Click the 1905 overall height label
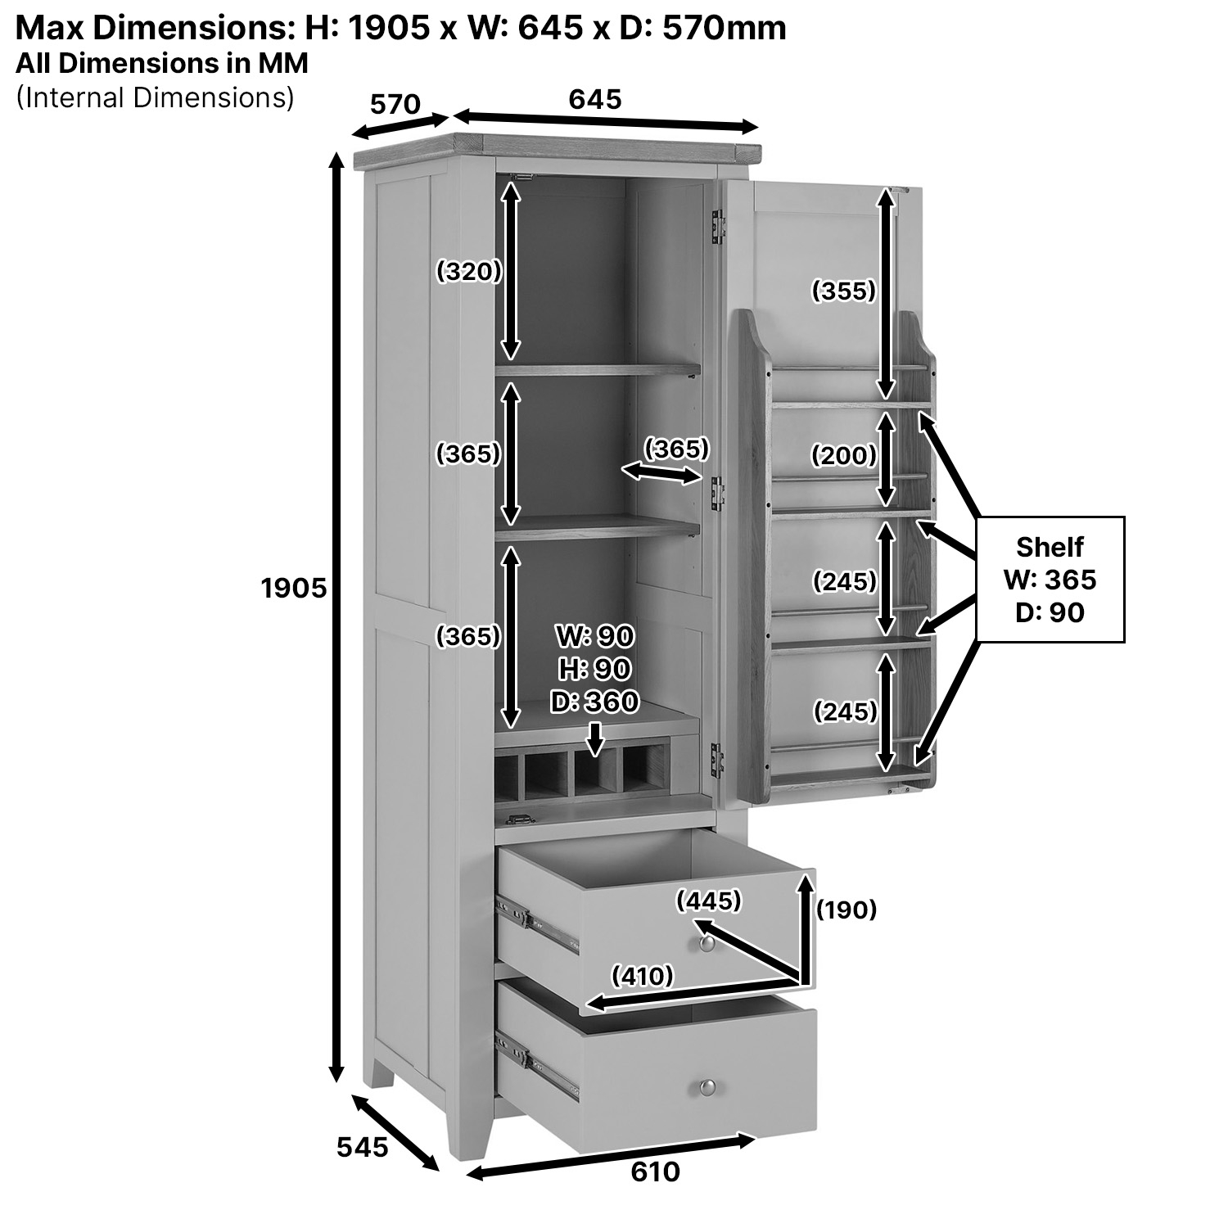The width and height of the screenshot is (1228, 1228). pos(294,588)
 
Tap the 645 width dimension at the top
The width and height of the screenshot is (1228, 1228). pos(595,100)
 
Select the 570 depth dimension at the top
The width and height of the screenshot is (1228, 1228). pos(395,105)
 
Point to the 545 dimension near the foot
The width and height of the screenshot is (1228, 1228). pos(362,1148)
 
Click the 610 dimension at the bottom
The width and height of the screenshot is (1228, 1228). pos(655,1172)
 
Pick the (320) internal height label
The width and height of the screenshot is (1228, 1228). pos(468,271)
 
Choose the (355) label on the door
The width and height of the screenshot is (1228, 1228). pos(843,291)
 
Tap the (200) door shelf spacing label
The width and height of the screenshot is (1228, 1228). pos(843,455)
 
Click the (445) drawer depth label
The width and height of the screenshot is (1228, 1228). pos(708,901)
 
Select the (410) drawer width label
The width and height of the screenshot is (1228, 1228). pos(643,976)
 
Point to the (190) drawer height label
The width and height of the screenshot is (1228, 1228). pos(847,910)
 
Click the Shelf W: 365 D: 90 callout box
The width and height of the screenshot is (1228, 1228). pos(1050,579)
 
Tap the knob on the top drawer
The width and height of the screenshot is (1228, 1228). pos(707,944)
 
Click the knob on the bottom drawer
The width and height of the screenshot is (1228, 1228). pos(707,1087)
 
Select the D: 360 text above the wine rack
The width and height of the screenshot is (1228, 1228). pos(594,702)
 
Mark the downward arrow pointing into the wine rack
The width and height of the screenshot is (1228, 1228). pos(595,738)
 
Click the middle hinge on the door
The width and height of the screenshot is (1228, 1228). pos(718,494)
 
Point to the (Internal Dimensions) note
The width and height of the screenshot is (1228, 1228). pos(155,97)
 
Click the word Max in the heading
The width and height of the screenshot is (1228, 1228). pos(49,29)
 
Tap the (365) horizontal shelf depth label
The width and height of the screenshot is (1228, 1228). pos(676,449)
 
